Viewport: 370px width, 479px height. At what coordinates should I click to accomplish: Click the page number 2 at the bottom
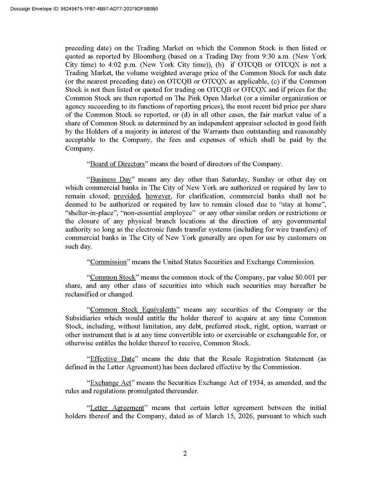point(185,454)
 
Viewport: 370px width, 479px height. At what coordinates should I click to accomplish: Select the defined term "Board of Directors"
point(118,164)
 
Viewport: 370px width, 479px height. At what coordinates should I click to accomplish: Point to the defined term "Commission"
point(109,261)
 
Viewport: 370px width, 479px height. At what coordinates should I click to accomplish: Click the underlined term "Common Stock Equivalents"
point(133,310)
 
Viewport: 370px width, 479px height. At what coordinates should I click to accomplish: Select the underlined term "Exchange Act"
point(111,383)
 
